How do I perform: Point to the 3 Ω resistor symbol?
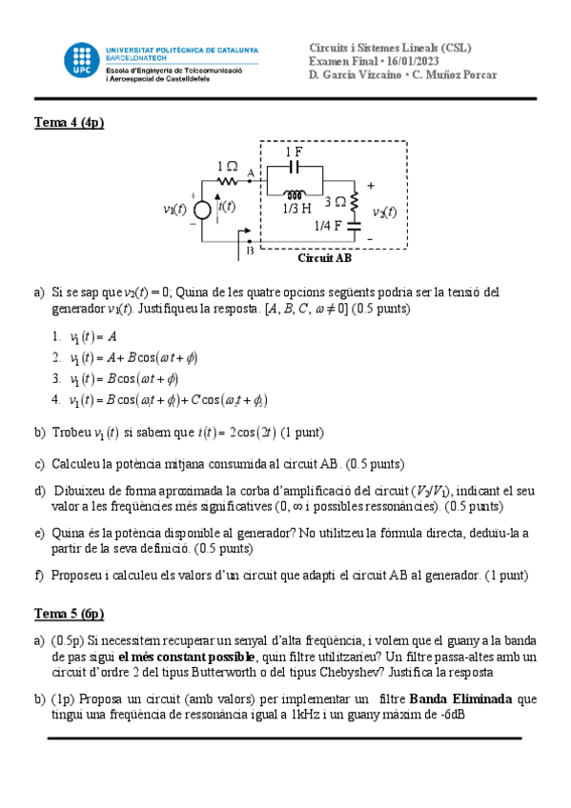354,201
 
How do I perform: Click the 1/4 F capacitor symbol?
354,227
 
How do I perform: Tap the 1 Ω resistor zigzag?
228,180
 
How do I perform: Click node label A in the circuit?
251,172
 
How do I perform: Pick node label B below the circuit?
250,252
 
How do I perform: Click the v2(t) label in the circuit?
384,212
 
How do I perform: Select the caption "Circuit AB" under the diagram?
324,257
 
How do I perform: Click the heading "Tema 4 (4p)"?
70,122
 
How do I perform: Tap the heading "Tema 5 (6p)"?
70,614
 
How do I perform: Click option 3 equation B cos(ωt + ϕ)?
125,378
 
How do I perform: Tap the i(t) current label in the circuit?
226,206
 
